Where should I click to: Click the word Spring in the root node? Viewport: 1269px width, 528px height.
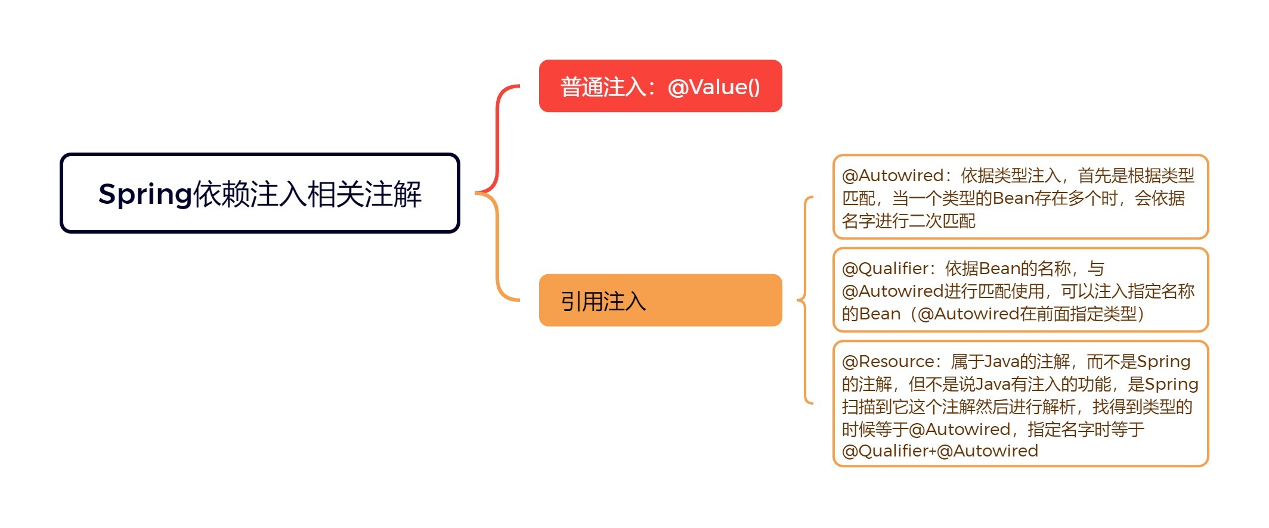click(x=145, y=194)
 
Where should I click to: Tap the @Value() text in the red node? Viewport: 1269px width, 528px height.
click(x=714, y=87)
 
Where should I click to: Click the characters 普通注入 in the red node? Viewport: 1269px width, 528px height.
click(x=603, y=87)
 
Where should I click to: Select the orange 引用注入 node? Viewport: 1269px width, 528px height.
click(x=660, y=300)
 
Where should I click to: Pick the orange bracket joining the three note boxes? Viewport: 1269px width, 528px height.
click(x=806, y=300)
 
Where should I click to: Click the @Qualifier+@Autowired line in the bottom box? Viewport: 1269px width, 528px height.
click(x=940, y=451)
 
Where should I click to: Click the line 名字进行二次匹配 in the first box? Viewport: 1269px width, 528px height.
click(x=908, y=221)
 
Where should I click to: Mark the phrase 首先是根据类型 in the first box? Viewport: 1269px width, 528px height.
click(x=1136, y=176)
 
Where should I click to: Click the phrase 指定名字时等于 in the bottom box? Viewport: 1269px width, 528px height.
click(x=1086, y=430)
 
